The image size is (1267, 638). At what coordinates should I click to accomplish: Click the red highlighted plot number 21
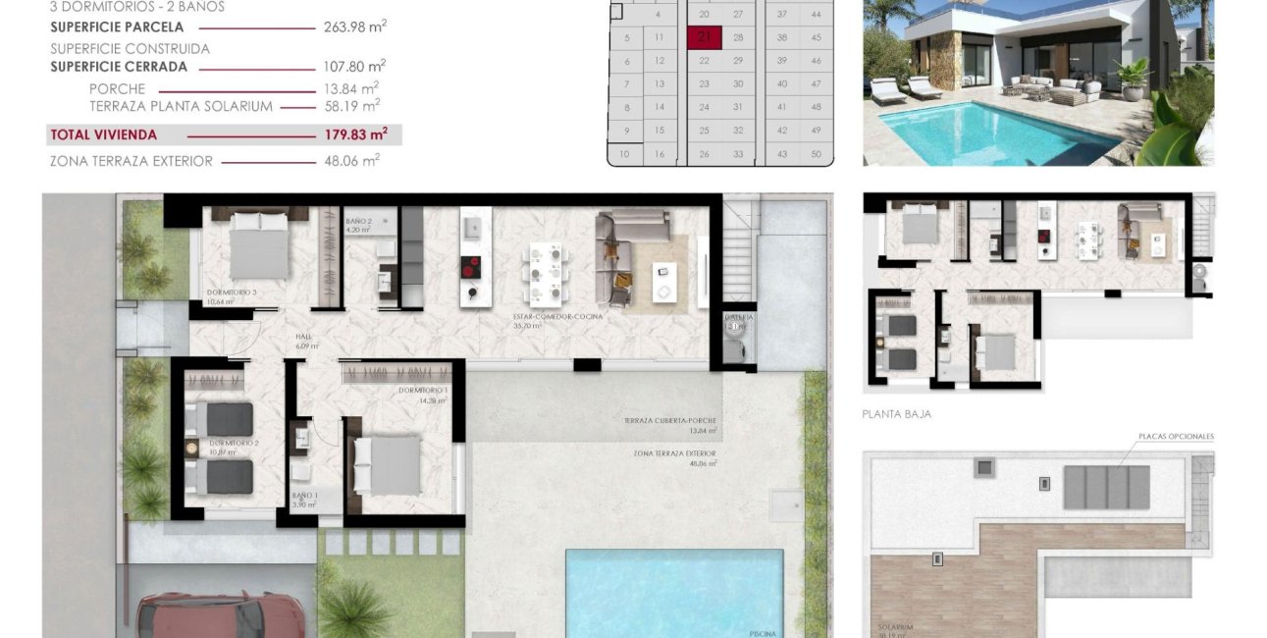point(705,38)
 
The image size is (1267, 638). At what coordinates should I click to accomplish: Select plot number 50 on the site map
point(816,154)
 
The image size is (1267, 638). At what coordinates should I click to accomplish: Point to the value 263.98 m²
point(354,27)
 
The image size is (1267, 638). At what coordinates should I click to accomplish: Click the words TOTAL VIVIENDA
point(103,134)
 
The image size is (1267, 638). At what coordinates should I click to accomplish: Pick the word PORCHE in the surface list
point(117,88)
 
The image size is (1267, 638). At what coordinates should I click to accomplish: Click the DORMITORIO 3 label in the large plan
point(232,292)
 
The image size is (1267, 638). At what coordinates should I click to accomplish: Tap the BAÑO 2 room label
point(358,222)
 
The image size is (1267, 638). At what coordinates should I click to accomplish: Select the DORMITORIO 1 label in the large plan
point(424,391)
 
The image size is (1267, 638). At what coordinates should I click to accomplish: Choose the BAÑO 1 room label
point(304,495)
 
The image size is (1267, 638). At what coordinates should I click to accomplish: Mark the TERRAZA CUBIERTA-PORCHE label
point(669,420)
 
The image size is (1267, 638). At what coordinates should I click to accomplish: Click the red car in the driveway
point(220,615)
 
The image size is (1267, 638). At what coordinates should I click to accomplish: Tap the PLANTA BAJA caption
point(897,414)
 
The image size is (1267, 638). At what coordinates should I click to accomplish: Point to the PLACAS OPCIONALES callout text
point(1176,437)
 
